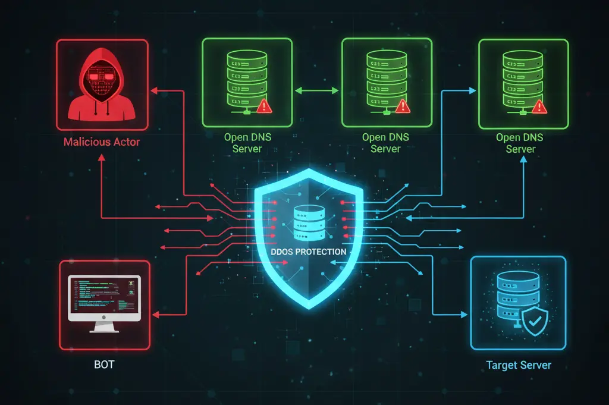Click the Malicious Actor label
click(x=101, y=143)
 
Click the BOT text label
click(x=104, y=363)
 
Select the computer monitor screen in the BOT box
click(x=104, y=298)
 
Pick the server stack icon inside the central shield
click(x=309, y=218)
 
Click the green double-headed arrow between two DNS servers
click(x=316, y=90)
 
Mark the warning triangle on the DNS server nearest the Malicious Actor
click(x=264, y=106)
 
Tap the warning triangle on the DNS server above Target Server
click(x=540, y=106)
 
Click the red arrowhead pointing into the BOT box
click(x=156, y=313)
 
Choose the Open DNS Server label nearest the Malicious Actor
click(x=247, y=143)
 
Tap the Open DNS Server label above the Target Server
click(x=520, y=143)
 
